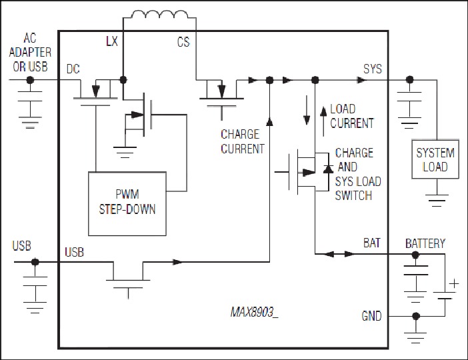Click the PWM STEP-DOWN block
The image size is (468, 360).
point(127,203)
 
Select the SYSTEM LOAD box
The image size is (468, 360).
point(435,159)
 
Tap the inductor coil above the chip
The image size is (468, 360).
point(160,14)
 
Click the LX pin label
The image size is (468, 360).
point(112,41)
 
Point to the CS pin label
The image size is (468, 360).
point(183,42)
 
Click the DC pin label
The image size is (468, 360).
point(73,69)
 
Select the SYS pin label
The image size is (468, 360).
point(373,69)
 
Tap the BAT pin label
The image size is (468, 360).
point(372,243)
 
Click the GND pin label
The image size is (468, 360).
point(371,316)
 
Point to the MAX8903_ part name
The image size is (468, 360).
point(254,312)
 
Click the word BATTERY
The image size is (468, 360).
point(425,243)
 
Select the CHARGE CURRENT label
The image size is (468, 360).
point(243,141)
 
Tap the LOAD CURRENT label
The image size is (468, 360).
point(352,116)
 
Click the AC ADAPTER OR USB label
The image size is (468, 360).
point(30,53)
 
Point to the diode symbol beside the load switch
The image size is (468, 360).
point(328,169)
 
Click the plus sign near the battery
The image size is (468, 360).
point(454,283)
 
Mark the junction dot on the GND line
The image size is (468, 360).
point(415,316)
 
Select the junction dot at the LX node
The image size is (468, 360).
point(123,80)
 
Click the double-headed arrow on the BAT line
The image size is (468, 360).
point(339,254)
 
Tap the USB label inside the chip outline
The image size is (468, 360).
point(74,252)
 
